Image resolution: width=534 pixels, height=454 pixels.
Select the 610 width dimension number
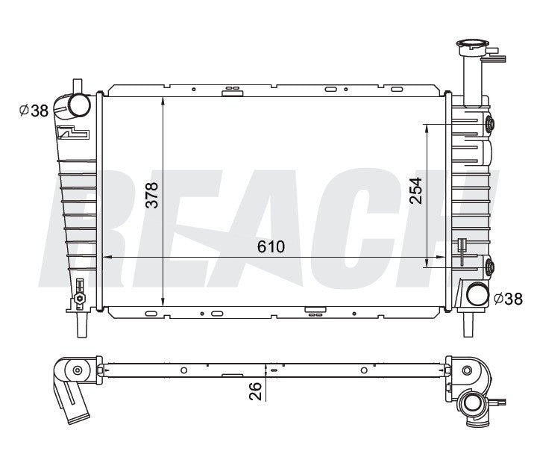271,247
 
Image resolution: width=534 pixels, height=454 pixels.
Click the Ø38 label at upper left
34,111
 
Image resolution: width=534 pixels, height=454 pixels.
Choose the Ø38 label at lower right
508,299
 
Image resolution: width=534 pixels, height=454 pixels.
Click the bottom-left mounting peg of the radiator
81,323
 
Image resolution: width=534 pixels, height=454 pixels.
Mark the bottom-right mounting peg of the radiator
468,323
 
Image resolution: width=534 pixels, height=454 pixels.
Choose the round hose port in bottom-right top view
471,405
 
